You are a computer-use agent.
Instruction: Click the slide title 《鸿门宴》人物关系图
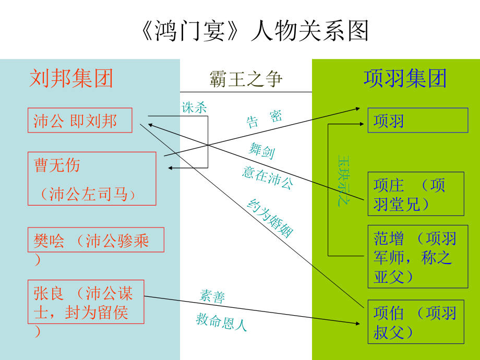pos(255,31)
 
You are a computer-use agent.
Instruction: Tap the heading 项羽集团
pos(405,79)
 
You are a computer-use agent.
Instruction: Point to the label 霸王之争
pos(246,79)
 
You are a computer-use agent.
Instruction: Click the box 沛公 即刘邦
pos(80,121)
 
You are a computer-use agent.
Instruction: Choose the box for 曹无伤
pos(91,178)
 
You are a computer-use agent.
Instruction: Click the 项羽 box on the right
pos(417,121)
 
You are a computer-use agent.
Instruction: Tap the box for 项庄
pos(415,194)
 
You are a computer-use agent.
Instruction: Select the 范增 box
pos(417,257)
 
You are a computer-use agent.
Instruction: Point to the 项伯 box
pos(415,321)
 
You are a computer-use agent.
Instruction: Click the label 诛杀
pos(194,107)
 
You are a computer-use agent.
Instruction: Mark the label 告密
pos(264,119)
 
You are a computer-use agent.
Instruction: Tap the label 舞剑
pos(261,151)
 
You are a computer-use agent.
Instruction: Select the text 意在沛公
pos(267,177)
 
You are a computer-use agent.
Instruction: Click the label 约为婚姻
pos(269,218)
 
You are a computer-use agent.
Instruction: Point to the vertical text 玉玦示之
pos(343,180)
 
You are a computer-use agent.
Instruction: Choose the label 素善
pos(212,296)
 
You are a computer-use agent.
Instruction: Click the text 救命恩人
pos(221,322)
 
